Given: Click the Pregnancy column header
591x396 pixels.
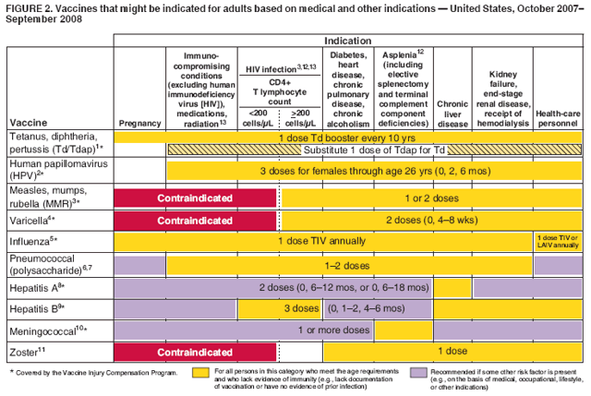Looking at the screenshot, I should click(x=139, y=122).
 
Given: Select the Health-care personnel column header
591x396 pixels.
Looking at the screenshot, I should click(x=558, y=117).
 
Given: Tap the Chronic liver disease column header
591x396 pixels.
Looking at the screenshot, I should click(x=452, y=112).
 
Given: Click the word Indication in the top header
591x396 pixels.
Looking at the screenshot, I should click(x=348, y=42).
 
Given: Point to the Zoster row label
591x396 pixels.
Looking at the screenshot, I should click(x=24, y=351).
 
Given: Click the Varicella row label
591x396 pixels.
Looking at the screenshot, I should click(x=31, y=221).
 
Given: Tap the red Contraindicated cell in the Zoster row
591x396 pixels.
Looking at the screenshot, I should click(x=195, y=352).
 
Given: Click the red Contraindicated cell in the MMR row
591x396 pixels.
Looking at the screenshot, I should click(x=195, y=198).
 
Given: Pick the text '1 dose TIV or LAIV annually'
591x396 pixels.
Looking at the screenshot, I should click(x=558, y=242).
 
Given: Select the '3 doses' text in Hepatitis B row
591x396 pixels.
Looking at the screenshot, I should click(x=301, y=307).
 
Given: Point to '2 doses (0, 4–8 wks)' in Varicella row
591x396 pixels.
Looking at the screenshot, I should click(x=430, y=220).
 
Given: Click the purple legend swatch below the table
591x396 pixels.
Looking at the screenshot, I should click(x=421, y=373).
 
